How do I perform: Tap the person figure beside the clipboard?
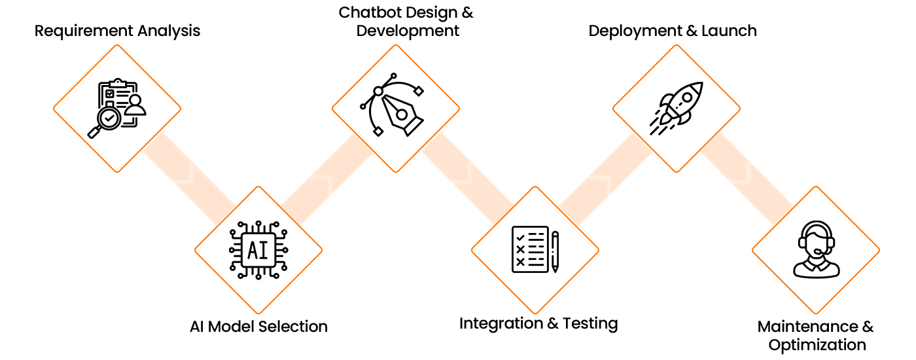click(x=135, y=106)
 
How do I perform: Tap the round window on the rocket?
click(x=686, y=98)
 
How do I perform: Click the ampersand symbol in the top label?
click(x=468, y=12)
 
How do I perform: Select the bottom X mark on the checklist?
click(x=520, y=262)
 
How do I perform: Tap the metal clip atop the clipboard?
click(x=118, y=83)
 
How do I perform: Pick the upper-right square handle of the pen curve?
click(x=419, y=90)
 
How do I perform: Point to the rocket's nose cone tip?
click(x=701, y=84)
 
